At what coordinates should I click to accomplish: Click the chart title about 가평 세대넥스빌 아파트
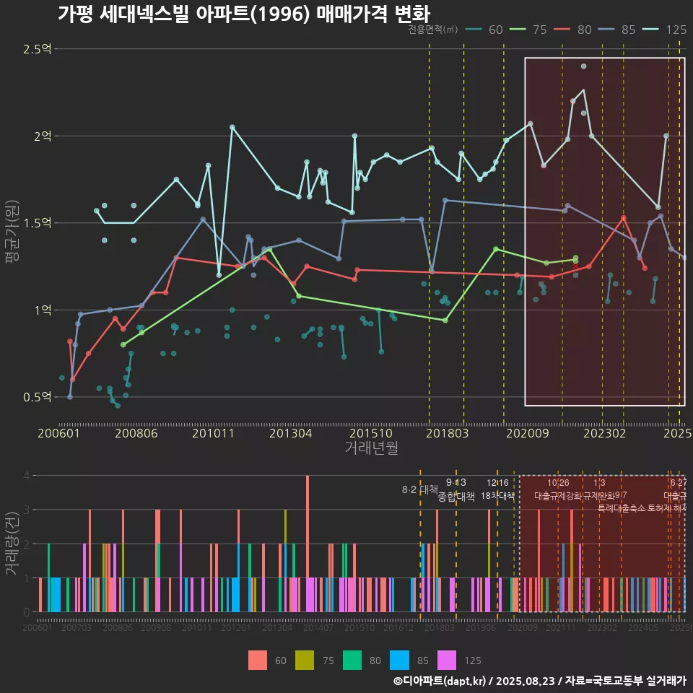point(243,14)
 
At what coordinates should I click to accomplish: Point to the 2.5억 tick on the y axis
point(38,49)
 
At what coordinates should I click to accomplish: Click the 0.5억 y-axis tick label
point(38,397)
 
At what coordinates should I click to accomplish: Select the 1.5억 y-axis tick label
point(38,223)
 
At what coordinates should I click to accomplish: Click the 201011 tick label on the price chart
point(214,434)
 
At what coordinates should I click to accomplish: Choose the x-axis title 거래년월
point(371,448)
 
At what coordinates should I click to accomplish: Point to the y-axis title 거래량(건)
point(11,543)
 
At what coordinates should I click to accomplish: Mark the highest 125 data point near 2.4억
point(583,66)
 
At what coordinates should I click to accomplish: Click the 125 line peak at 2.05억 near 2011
point(232,127)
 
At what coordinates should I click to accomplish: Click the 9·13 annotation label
point(456,482)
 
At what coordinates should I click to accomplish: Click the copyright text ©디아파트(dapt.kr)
point(440,681)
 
